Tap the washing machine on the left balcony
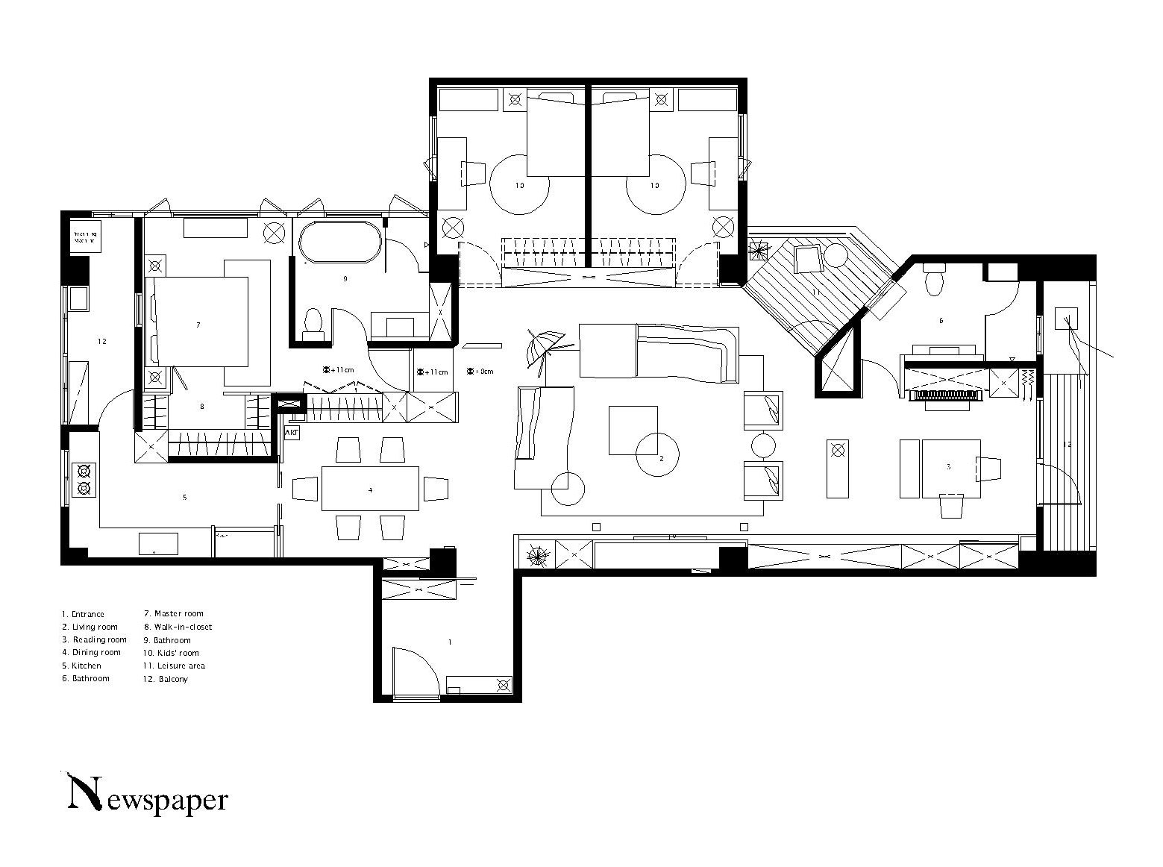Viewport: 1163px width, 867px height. click(x=84, y=237)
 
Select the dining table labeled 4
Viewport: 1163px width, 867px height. click(x=370, y=489)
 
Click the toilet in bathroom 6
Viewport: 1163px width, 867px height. click(x=933, y=281)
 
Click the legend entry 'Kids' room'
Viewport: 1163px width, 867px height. click(x=171, y=653)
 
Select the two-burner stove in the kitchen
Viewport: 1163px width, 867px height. click(x=84, y=479)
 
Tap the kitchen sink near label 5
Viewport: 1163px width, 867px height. click(x=158, y=543)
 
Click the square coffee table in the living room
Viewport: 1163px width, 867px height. click(x=633, y=430)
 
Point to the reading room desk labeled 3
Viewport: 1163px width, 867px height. click(x=950, y=468)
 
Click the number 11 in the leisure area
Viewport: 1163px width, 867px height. click(x=816, y=292)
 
